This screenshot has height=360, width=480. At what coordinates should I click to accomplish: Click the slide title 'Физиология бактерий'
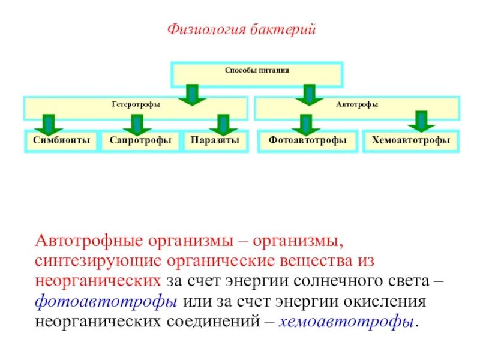point(241,29)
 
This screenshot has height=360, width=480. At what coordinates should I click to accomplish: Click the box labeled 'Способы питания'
point(257,71)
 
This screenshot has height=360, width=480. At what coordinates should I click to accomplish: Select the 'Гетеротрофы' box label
point(136,104)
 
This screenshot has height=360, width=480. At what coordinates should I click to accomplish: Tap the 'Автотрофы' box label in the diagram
point(356,104)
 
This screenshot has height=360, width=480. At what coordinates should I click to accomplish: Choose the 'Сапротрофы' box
point(140,140)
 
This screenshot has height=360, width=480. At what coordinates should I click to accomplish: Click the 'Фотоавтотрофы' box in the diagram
point(308,140)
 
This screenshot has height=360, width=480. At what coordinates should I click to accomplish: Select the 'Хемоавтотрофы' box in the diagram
point(410,140)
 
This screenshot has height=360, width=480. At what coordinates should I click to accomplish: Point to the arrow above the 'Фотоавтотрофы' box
point(306,124)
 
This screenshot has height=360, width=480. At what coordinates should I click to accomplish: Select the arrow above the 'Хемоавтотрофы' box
point(421,121)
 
